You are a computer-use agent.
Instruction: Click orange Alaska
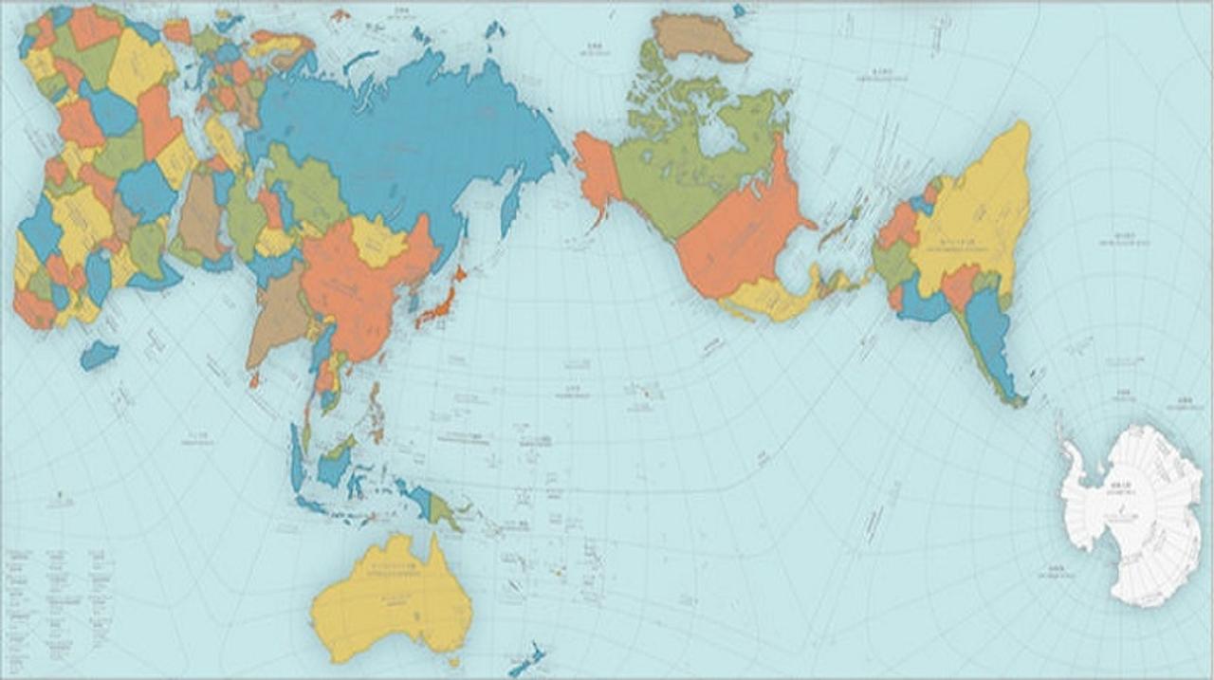[598, 171]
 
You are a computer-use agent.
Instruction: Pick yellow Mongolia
[379, 242]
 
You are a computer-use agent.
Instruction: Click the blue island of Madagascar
[99, 356]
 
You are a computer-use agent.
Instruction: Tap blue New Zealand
[527, 660]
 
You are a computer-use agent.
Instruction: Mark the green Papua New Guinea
[441, 512]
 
